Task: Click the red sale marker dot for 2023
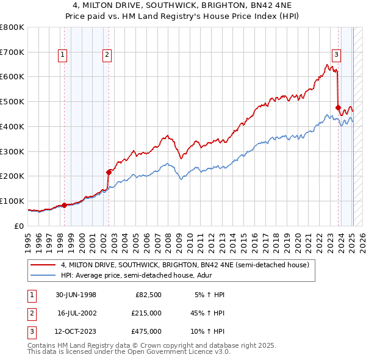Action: pos(338,107)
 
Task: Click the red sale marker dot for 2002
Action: pos(109,171)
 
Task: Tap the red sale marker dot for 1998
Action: pos(65,205)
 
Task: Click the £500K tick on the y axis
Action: pos(12,101)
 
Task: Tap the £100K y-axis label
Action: pos(12,201)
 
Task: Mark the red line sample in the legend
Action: pos(43,265)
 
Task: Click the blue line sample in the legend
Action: pos(43,276)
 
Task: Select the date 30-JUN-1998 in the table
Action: pos(75,295)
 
